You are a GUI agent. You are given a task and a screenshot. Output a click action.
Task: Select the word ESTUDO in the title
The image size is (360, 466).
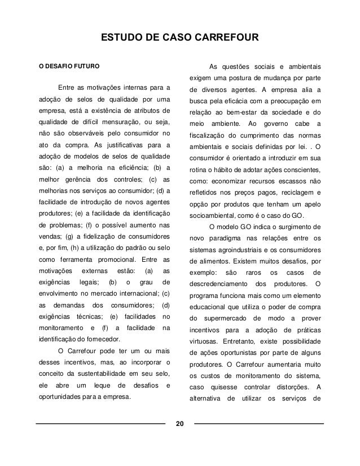point(120,38)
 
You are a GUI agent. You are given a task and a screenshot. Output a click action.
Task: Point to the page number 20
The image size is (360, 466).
point(180,424)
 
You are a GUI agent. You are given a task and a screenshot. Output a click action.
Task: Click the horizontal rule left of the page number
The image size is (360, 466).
point(102,423)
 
